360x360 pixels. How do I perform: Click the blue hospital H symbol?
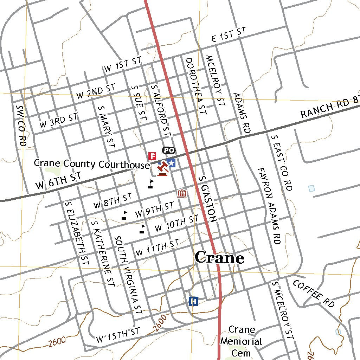pyautogui.click(x=193, y=301)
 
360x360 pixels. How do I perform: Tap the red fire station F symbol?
pyautogui.click(x=152, y=156)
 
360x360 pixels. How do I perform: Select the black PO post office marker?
pyautogui.click(x=168, y=150)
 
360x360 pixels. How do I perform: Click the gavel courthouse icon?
pyautogui.click(x=162, y=169)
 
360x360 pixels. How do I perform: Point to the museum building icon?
pyautogui.click(x=182, y=193)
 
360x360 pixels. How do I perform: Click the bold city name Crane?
pyautogui.click(x=219, y=258)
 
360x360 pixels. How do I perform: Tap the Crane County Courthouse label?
pyautogui.click(x=92, y=164)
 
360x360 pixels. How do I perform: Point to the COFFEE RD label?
pyautogui.click(x=314, y=294)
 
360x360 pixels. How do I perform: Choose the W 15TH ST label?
pyautogui.click(x=118, y=335)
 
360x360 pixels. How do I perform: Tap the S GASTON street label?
pyautogui.click(x=207, y=199)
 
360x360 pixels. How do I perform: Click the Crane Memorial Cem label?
pyautogui.click(x=242, y=341)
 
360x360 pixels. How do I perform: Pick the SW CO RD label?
pyautogui.click(x=21, y=125)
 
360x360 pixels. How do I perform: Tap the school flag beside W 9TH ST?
pyautogui.click(x=124, y=216)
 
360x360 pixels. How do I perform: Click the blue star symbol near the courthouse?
pyautogui.click(x=171, y=163)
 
